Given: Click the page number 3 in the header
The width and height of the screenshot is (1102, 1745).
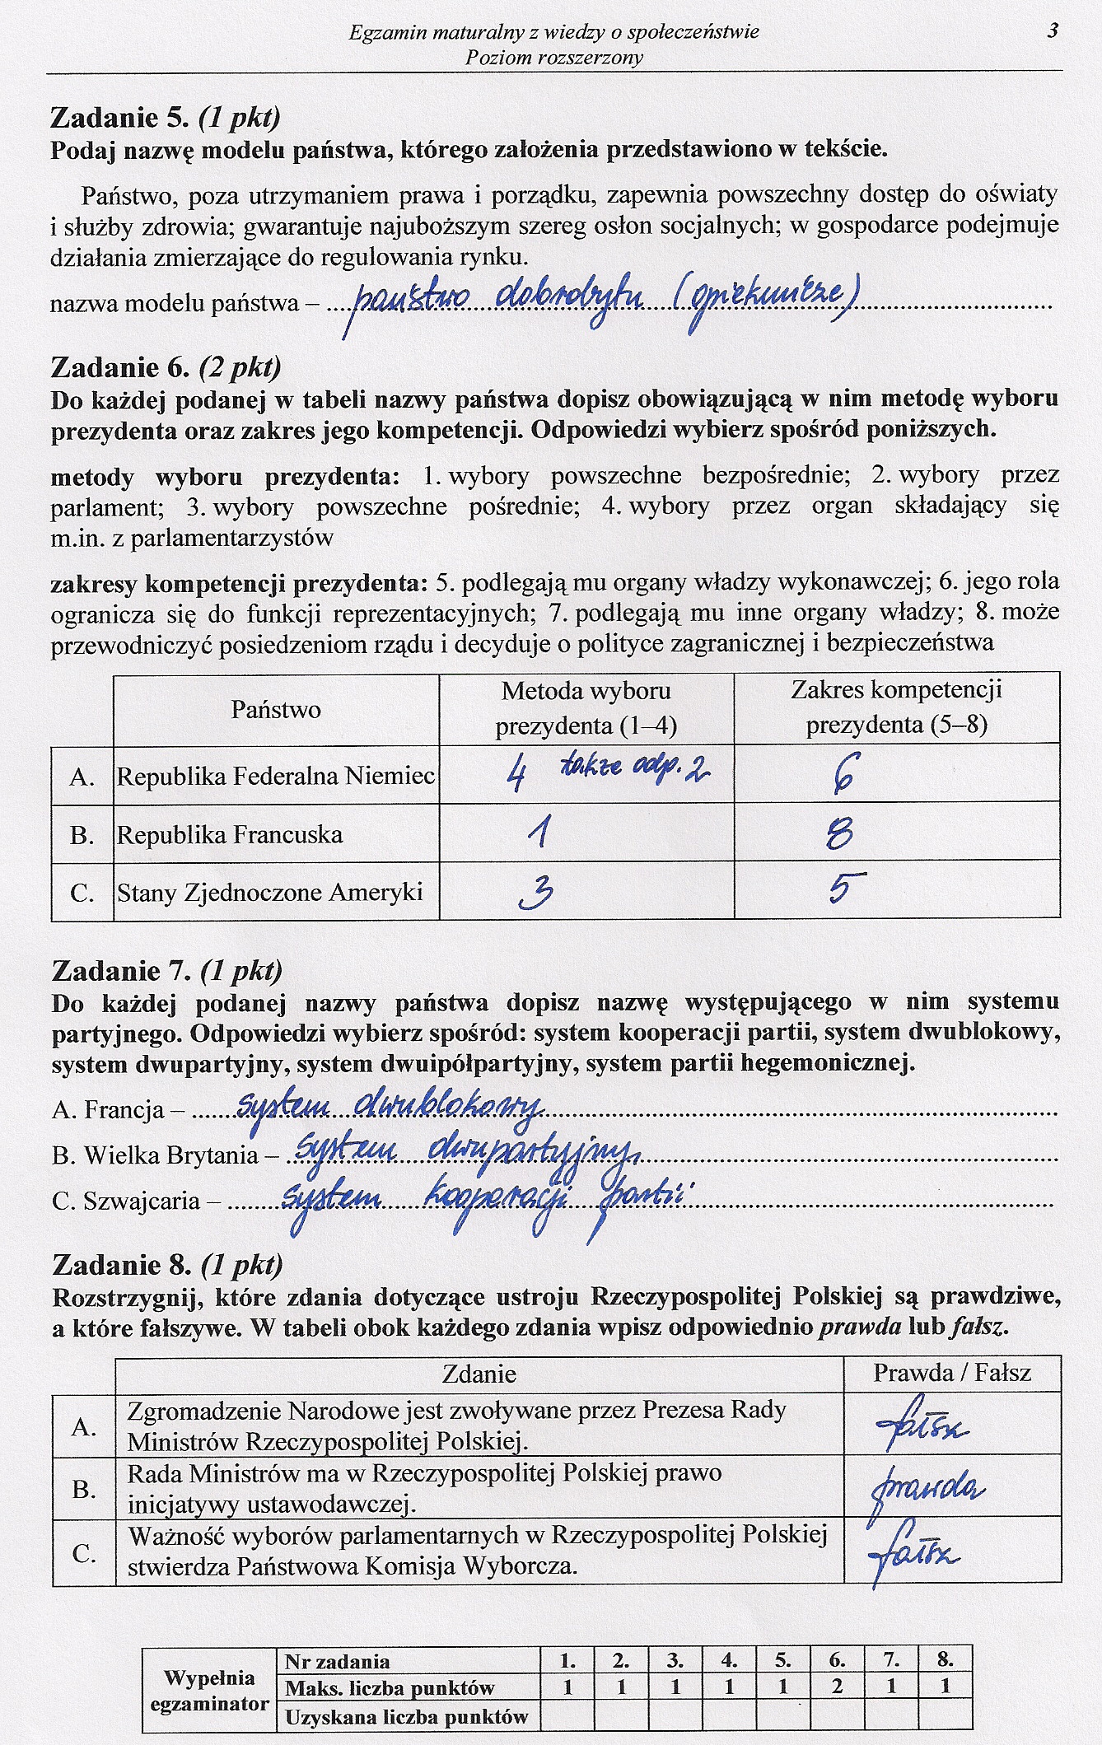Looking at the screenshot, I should coord(1053,31).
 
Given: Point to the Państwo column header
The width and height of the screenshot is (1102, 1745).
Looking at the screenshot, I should coord(276,709).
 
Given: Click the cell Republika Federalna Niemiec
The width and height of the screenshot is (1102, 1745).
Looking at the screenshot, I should coord(276,776).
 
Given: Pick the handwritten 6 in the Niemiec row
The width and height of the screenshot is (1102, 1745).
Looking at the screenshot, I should coord(845,774).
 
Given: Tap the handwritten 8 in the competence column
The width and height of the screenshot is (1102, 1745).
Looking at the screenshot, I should coord(840,836).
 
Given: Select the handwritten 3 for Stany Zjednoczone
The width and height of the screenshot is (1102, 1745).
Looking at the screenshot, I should coord(537,893).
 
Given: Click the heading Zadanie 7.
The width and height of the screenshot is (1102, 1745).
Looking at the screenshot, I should coord(120,972).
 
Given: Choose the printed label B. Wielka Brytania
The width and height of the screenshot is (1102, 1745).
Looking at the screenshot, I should coord(155,1155).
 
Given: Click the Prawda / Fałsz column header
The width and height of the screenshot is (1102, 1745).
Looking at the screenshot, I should coord(952,1373).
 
